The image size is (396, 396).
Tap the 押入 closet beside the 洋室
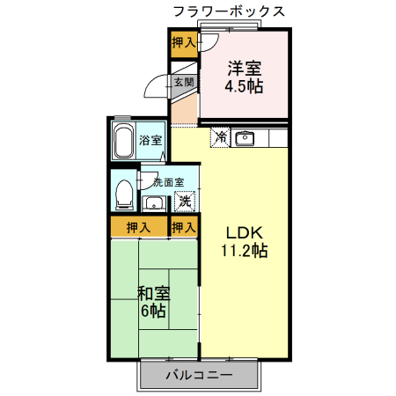click(x=184, y=42)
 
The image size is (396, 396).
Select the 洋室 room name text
click(x=245, y=68)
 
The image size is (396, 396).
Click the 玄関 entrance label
click(x=183, y=83)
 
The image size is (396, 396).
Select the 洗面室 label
click(x=167, y=183)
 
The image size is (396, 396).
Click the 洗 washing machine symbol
click(x=185, y=202)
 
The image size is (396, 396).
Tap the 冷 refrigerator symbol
click(x=220, y=138)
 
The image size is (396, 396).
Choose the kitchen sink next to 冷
click(x=245, y=138)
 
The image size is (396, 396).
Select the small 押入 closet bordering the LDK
click(x=184, y=227)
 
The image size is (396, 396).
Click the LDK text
click(x=245, y=233)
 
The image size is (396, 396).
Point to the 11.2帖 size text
click(x=245, y=251)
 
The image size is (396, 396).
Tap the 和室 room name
click(x=153, y=293)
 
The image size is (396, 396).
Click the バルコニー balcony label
click(x=199, y=376)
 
